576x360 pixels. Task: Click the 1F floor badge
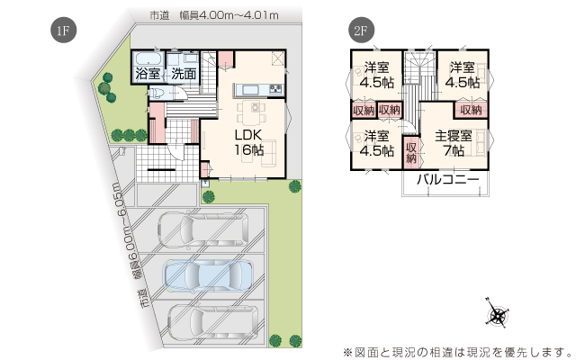click(64, 30)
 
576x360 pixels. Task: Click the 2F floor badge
click(361, 30)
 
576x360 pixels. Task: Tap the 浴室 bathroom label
click(148, 74)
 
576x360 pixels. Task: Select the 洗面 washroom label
click(184, 74)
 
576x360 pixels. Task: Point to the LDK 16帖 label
click(249, 142)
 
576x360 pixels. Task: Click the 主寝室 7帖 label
click(454, 143)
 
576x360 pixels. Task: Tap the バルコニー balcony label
click(448, 180)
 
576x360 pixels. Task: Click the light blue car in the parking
click(208, 276)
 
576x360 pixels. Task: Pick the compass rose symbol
click(498, 315)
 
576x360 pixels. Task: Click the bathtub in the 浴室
click(148, 58)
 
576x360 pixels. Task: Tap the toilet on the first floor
click(156, 93)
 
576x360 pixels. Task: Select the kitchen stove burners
click(276, 88)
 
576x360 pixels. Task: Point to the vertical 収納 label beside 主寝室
click(411, 152)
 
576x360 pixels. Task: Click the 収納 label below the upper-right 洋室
click(471, 110)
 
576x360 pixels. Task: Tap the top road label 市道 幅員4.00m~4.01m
click(214, 15)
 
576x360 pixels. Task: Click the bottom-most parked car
click(213, 322)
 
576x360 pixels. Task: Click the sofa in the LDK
click(268, 153)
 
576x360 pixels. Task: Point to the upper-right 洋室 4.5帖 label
click(463, 75)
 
